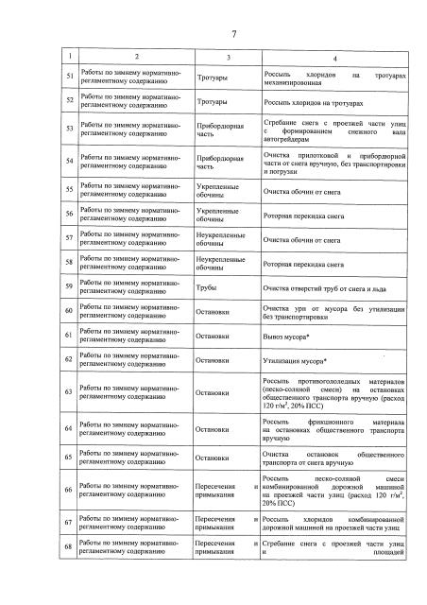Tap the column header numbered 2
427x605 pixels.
point(136,60)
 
